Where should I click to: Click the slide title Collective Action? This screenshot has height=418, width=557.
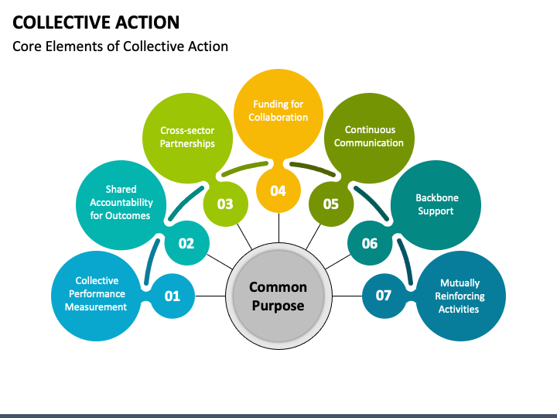(x=96, y=22)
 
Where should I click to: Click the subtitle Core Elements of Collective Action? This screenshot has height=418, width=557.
(x=120, y=46)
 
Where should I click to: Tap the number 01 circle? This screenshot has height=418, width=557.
(x=173, y=296)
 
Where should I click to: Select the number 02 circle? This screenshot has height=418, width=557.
(x=187, y=243)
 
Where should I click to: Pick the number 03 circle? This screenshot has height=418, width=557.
(x=226, y=204)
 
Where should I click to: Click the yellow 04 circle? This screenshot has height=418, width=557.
(x=278, y=190)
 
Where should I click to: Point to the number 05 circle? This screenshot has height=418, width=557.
(x=331, y=204)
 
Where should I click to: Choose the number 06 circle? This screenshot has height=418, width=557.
(x=370, y=243)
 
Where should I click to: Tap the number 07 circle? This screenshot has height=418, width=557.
(x=384, y=296)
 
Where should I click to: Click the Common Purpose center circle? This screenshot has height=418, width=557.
(x=278, y=296)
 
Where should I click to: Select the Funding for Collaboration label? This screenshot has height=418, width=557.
(x=278, y=111)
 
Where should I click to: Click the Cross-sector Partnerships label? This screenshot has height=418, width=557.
(x=187, y=137)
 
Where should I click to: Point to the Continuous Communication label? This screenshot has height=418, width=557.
(x=369, y=136)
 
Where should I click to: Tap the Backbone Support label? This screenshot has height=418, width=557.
(x=436, y=204)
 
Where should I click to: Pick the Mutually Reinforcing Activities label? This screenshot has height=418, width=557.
(x=460, y=296)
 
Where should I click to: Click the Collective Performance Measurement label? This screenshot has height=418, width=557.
(x=96, y=293)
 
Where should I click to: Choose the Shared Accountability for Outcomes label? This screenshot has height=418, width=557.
(x=121, y=202)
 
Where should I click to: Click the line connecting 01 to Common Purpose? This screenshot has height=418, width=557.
(x=210, y=296)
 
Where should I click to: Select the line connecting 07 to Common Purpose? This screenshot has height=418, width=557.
(x=347, y=296)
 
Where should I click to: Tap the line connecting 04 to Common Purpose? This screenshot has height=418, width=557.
(x=278, y=228)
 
